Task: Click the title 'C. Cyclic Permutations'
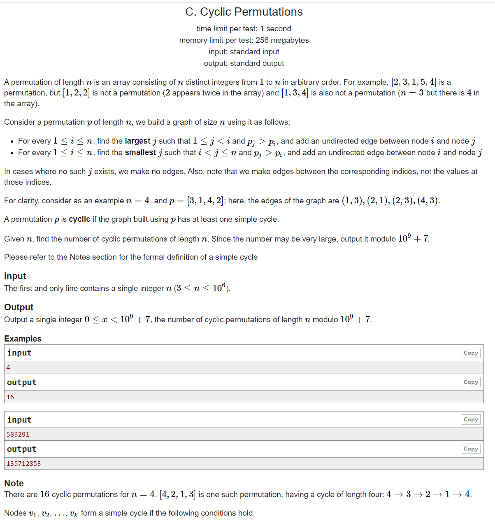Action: pos(244,12)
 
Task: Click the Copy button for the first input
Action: pos(471,353)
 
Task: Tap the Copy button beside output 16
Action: pos(471,382)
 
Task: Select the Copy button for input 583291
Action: pos(471,419)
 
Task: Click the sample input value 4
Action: pos(8,367)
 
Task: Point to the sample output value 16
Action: pos(10,397)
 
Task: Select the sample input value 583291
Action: pos(18,435)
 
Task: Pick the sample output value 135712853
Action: pos(24,464)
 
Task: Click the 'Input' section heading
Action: pos(15,276)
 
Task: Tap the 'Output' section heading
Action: pos(19,307)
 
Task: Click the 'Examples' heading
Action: pos(23,338)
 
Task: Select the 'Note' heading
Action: pos(14,483)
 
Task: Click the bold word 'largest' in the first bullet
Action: pos(137,141)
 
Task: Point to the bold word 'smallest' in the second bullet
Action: pos(140,153)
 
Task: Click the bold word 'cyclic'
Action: pos(79,219)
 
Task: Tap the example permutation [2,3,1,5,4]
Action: pos(414,82)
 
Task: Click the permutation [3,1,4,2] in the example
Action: pos(206,201)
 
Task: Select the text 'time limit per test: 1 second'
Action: pos(244,29)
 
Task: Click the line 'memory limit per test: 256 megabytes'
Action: pos(244,40)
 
